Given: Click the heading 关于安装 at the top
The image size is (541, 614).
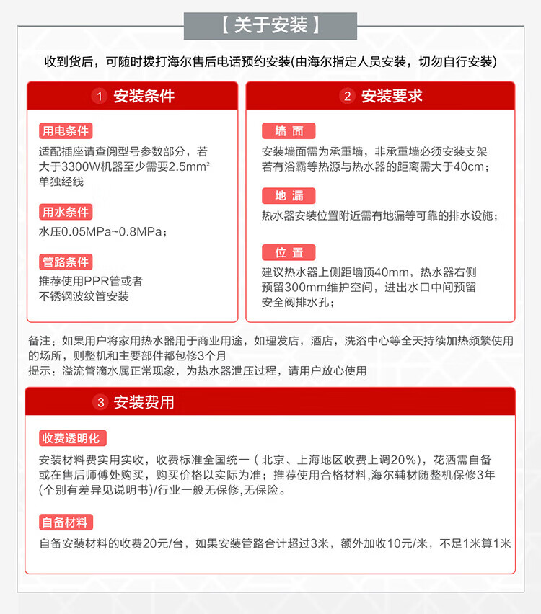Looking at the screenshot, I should [x=270, y=26].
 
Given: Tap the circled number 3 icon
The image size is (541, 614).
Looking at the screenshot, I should [x=102, y=402].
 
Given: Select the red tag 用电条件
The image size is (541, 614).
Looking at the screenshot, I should [x=66, y=131].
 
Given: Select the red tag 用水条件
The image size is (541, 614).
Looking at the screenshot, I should [x=66, y=212].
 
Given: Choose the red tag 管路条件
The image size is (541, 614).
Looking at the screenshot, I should [x=66, y=262].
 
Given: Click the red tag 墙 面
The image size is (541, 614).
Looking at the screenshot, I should [x=289, y=131].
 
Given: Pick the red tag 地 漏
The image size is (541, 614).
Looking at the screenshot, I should [x=289, y=195].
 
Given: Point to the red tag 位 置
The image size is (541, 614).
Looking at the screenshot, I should [x=289, y=252].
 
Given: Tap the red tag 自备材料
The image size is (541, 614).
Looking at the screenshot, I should [x=66, y=523].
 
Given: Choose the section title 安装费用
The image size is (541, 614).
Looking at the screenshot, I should [x=144, y=402].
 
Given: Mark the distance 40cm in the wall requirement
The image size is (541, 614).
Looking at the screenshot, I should [x=473, y=167].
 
